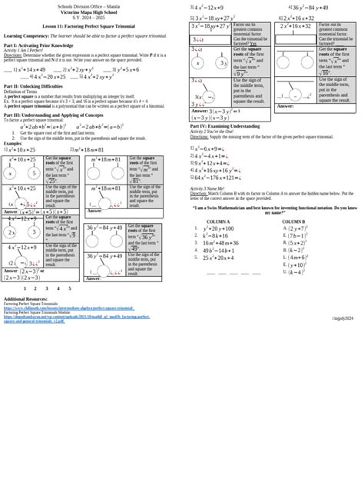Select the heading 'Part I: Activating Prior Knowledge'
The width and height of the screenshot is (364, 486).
tap(38, 45)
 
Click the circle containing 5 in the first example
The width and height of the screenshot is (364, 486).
tap(34, 174)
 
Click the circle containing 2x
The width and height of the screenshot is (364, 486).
tap(12, 232)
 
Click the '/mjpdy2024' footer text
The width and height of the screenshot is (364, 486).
tap(343, 318)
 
